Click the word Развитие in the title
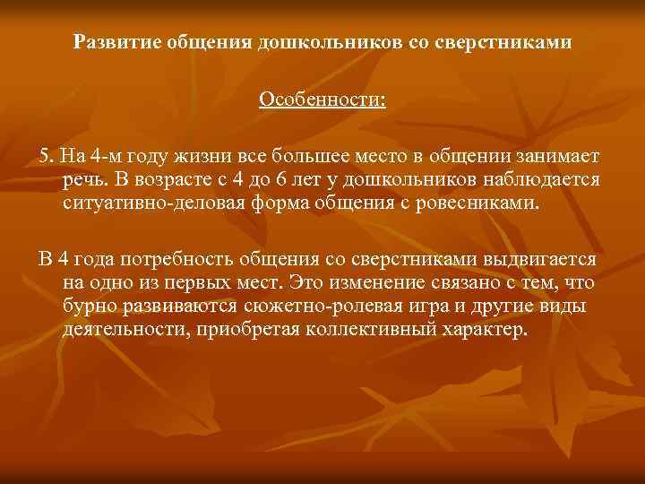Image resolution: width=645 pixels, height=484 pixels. tap(113, 42)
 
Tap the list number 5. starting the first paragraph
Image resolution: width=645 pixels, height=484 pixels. tap(47, 156)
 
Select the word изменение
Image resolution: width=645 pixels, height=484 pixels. tap(365, 283)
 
